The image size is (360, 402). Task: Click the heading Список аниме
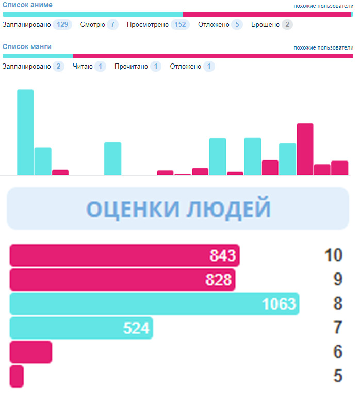[27, 5]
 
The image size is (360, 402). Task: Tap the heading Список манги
[27, 46]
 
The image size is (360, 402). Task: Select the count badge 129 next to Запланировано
[62, 24]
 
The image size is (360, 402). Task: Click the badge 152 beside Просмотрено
[180, 24]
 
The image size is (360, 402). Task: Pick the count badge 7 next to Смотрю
[112, 24]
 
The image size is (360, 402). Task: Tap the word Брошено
[265, 24]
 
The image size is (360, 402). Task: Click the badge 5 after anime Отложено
[237, 24]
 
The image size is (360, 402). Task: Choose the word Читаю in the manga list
[82, 66]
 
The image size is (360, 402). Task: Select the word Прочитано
[131, 66]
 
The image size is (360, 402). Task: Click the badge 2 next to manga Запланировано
[58, 66]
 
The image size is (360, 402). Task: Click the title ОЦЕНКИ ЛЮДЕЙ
[178, 208]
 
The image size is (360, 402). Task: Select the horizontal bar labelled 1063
[154, 303]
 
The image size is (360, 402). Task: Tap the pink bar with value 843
[124, 255]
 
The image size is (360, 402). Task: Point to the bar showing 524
[81, 328]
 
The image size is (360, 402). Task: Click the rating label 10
[334, 255]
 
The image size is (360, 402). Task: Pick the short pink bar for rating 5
[17, 376]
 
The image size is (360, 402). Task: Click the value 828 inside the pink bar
[220, 280]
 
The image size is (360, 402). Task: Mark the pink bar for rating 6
[30, 352]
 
